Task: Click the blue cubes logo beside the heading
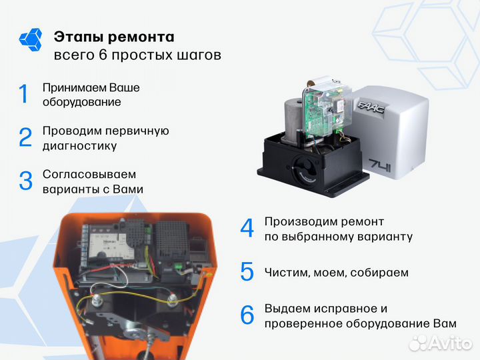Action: (x=31, y=39)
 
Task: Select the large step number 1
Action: (x=24, y=94)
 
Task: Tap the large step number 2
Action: (x=25, y=137)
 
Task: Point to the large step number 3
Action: (x=25, y=181)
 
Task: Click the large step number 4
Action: (x=247, y=228)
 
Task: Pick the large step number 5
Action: (x=247, y=272)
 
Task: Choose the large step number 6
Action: (x=247, y=315)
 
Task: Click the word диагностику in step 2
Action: (x=79, y=146)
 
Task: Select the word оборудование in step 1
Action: (x=81, y=102)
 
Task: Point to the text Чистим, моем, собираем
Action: (x=336, y=272)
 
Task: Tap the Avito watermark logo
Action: (x=440, y=342)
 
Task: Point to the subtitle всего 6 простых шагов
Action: (x=137, y=55)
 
